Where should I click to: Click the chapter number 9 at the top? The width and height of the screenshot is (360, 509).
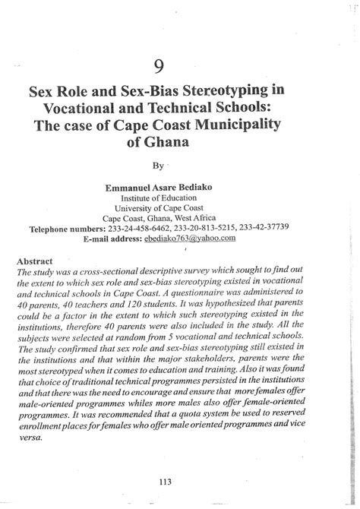179,64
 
